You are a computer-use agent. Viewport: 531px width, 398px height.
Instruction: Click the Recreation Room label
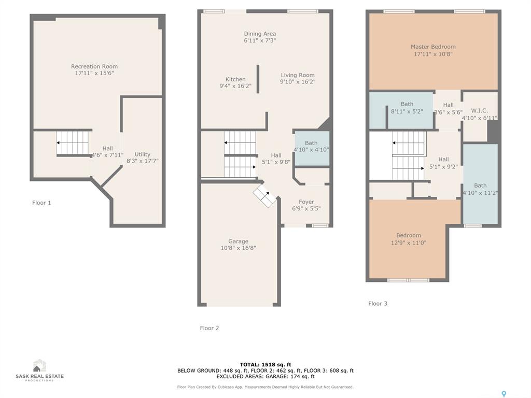click(x=94, y=66)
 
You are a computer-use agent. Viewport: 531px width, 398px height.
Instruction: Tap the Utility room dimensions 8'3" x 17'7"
click(x=143, y=161)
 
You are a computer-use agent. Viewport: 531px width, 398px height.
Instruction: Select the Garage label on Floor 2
click(x=238, y=241)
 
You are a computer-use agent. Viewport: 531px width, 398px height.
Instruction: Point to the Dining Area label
click(x=260, y=34)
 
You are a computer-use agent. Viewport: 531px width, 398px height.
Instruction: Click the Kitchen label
click(x=235, y=79)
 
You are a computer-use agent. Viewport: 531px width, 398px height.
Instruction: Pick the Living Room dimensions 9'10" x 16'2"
click(x=298, y=81)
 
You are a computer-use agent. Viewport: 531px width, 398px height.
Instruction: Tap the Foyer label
click(x=306, y=202)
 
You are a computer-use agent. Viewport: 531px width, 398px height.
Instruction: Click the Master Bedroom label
click(x=433, y=47)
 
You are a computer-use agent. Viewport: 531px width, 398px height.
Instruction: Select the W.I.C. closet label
click(x=480, y=111)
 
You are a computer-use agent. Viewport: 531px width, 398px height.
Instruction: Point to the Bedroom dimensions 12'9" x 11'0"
click(x=409, y=243)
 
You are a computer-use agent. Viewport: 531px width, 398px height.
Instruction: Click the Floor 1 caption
click(x=41, y=203)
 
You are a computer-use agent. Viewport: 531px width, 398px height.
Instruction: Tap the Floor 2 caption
click(x=209, y=328)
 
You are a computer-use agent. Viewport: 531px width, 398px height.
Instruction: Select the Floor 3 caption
click(x=378, y=304)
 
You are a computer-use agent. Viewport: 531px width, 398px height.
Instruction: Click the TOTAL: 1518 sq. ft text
click(x=265, y=364)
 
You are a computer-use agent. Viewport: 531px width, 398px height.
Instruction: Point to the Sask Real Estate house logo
click(x=39, y=365)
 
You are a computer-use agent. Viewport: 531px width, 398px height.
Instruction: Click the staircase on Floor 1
click(x=73, y=143)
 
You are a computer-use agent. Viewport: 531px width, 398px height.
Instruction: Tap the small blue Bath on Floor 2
click(x=312, y=149)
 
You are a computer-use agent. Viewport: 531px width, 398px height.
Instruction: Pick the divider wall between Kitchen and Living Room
click(x=258, y=79)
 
